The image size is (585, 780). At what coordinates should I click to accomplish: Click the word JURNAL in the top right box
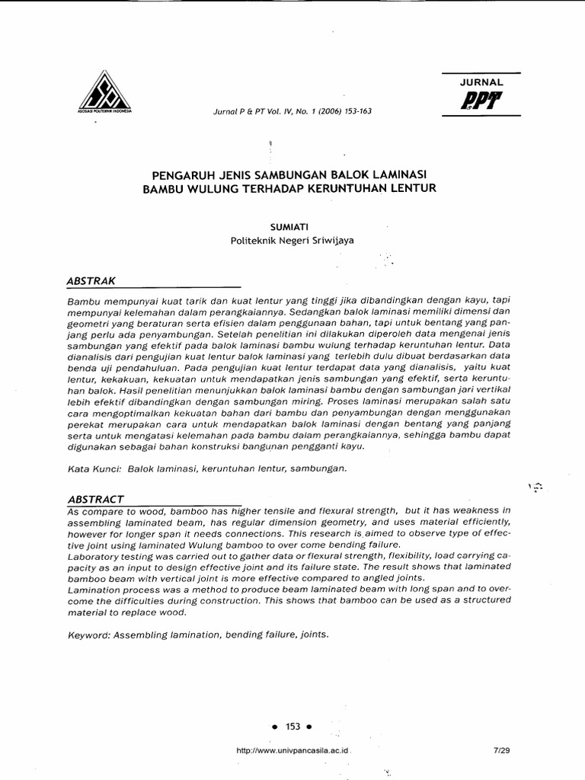coord(481,82)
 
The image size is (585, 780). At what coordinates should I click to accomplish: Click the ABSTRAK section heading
coord(91,280)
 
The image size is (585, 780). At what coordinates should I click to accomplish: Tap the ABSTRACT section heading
coord(95,498)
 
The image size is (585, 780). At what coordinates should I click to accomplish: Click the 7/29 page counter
coord(501,750)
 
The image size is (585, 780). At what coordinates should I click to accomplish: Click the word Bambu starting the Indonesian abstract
coord(83,302)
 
